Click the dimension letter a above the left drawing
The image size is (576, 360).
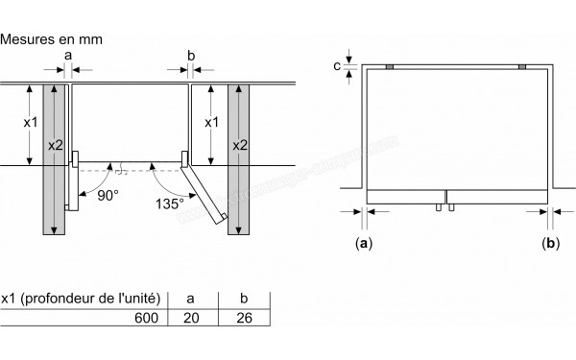point(67,57)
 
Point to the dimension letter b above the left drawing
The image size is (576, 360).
point(191,57)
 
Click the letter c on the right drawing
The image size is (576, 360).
point(335,65)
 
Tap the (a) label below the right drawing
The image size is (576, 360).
point(363,244)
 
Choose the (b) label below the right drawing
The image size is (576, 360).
point(549,244)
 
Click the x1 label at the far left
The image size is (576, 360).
point(30,123)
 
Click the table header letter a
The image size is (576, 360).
point(191,298)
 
